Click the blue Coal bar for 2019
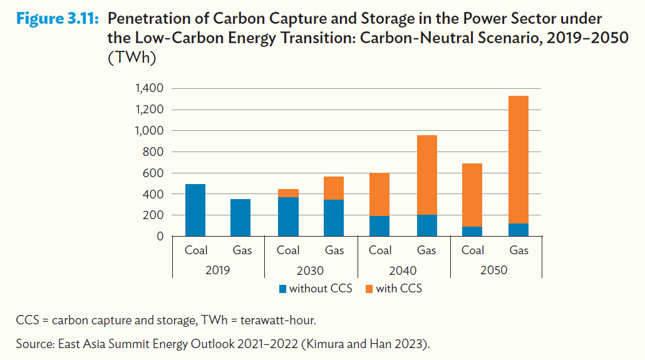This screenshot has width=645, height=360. [x=195, y=210]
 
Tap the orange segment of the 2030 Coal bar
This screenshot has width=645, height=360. [x=288, y=193]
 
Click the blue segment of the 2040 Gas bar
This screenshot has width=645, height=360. [x=426, y=226]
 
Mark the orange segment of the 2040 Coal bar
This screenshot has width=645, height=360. [x=380, y=195]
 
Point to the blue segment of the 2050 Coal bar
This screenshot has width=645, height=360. [x=472, y=232]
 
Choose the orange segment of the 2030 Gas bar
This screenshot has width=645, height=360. [x=334, y=188]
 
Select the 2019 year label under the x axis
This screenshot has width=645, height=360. [x=218, y=271]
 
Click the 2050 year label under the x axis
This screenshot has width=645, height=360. [x=495, y=271]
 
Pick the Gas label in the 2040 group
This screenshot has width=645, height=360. [x=426, y=250]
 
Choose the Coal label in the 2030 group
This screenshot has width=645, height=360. [x=288, y=250]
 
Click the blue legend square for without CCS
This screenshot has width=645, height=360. [x=283, y=289]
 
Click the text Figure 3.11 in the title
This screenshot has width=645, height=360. [x=57, y=19]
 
